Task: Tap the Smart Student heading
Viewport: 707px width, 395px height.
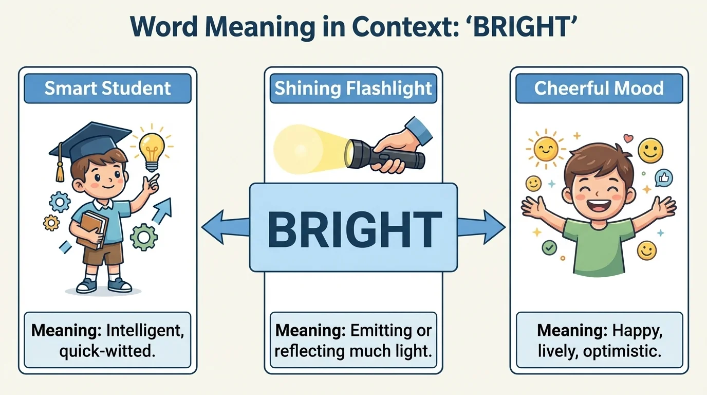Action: (107, 88)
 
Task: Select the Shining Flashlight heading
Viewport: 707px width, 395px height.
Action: (353, 88)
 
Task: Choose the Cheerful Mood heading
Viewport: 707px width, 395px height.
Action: (599, 88)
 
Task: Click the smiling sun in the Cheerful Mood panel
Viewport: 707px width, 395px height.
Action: (546, 148)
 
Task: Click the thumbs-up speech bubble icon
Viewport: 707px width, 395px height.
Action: (663, 178)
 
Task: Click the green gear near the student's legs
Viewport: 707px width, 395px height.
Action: (143, 237)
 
